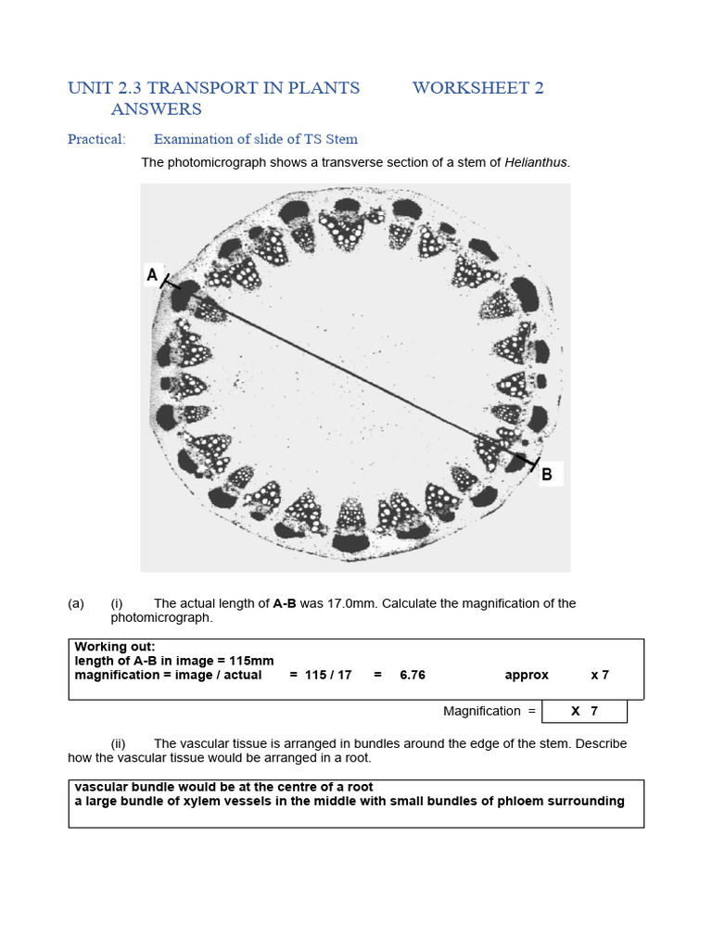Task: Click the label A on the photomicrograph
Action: point(152,274)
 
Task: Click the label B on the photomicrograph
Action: point(547,474)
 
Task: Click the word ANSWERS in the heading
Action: point(156,109)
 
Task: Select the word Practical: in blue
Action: point(96,139)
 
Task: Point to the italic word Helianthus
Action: point(536,163)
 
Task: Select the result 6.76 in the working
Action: point(413,675)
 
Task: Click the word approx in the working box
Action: point(527,675)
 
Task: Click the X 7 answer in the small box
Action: point(584,711)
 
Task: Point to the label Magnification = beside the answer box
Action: point(489,711)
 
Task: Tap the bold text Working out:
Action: point(115,647)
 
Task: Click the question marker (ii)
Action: point(118,743)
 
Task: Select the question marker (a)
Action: point(76,603)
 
